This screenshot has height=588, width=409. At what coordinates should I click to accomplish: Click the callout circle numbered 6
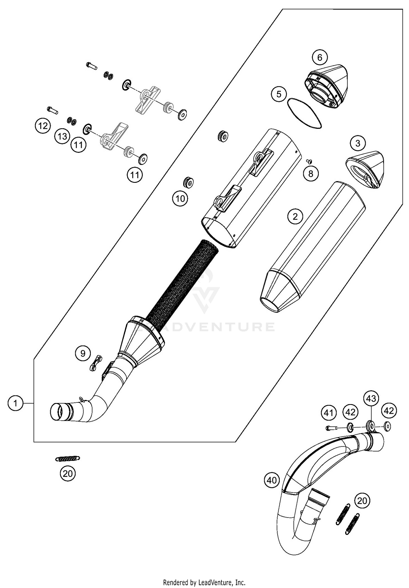tap(320, 57)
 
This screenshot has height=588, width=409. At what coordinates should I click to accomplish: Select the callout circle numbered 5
tap(279, 94)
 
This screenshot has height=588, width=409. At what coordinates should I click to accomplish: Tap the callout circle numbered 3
tap(358, 143)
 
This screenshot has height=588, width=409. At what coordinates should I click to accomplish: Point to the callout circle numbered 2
tap(295, 216)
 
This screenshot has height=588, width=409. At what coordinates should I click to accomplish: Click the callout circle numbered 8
tap(311, 173)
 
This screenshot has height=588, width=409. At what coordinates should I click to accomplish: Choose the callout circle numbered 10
tap(180, 199)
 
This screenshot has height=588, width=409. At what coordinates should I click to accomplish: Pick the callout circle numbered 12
tap(43, 126)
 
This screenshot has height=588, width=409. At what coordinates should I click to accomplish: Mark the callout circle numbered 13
tap(62, 136)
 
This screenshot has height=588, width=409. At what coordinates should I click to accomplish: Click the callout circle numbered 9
tap(83, 354)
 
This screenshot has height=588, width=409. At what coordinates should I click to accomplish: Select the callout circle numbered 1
tap(16, 403)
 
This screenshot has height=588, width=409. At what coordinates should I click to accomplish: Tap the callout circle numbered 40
tap(272, 480)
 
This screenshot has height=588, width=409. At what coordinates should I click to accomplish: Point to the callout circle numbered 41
tap(329, 413)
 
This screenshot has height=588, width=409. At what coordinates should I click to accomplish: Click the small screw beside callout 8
tap(309, 161)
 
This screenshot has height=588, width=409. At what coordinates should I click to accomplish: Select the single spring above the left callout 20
tap(68, 459)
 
